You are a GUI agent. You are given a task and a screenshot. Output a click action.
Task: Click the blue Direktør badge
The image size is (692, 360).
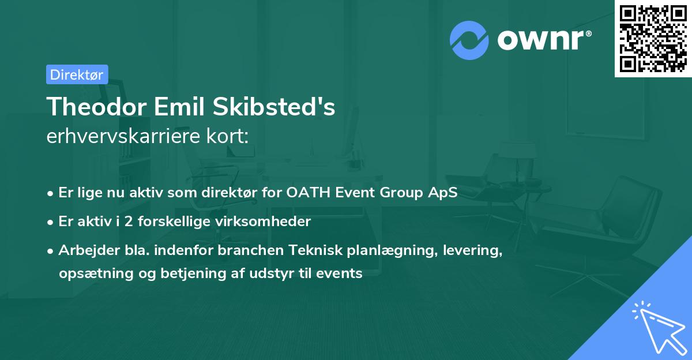pyautogui.click(x=77, y=74)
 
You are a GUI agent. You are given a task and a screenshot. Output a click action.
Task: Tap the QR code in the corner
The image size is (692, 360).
pyautogui.click(x=653, y=38)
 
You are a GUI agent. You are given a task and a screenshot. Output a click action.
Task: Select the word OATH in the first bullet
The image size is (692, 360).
pyautogui.click(x=304, y=193)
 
